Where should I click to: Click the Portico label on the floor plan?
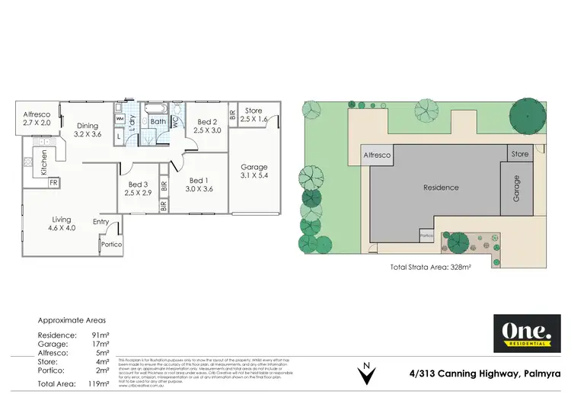(x=111, y=244)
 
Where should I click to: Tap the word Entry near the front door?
(x=100, y=222)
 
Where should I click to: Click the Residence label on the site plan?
(x=441, y=188)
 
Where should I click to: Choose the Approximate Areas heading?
(x=72, y=320)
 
